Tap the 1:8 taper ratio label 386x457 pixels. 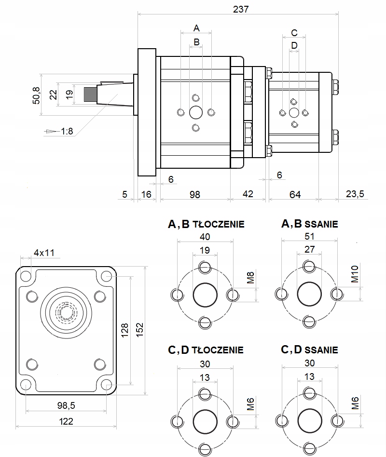[67, 131]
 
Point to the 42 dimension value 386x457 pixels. [248, 194]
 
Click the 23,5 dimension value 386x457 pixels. [355, 194]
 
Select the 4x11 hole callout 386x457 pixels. [43, 252]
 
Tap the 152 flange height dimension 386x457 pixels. [140, 330]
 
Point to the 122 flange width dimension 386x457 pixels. [66, 421]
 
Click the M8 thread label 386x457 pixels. [250, 279]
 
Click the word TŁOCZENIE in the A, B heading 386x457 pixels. [219, 224]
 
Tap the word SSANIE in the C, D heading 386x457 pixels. [322, 350]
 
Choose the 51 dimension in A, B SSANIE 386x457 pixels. [309, 236]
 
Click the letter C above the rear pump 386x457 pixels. [294, 33]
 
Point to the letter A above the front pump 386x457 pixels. [196, 27]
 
